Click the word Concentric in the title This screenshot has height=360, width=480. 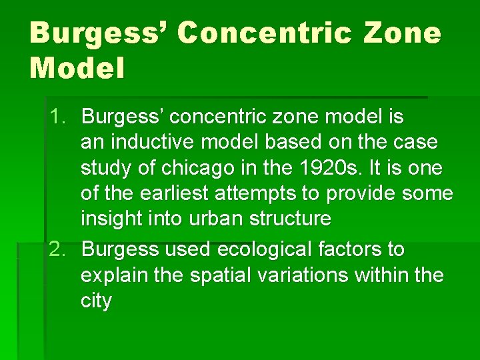click(264, 33)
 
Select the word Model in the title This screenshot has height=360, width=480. click(77, 68)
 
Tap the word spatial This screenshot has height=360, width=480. click(213, 275)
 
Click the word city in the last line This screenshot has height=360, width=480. click(96, 301)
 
